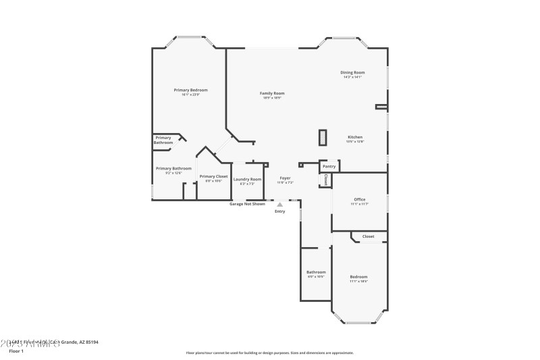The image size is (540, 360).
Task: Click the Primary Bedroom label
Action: pyautogui.click(x=190, y=90)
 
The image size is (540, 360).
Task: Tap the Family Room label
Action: pyautogui.click(x=272, y=93)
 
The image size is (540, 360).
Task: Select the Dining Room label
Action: pyautogui.click(x=352, y=72)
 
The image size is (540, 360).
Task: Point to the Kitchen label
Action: pyautogui.click(x=355, y=137)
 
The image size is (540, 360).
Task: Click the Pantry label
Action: pyautogui.click(x=329, y=166)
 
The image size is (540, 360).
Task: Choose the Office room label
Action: pyautogui.click(x=359, y=199)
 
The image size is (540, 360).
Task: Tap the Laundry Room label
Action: pyautogui.click(x=247, y=179)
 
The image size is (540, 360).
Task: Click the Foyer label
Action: pyautogui.click(x=286, y=178)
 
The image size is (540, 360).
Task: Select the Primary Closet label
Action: pyautogui.click(x=213, y=176)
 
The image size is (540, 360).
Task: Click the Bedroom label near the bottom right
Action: pyautogui.click(x=358, y=277)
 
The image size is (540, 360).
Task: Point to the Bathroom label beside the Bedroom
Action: pyautogui.click(x=316, y=272)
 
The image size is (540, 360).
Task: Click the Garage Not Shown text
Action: pyautogui.click(x=247, y=203)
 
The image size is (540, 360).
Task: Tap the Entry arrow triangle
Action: pyautogui.click(x=279, y=205)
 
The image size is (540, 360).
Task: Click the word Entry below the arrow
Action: pyautogui.click(x=279, y=211)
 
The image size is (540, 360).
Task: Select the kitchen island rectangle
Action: pyautogui.click(x=323, y=137)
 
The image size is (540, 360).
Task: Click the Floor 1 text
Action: pyautogui.click(x=16, y=351)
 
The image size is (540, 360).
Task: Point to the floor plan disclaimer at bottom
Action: pyautogui.click(x=269, y=353)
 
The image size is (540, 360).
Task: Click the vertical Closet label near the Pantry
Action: pyautogui.click(x=325, y=180)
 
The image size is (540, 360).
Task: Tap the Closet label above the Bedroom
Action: pyautogui.click(x=368, y=236)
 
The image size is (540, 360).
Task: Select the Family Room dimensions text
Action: pyautogui.click(x=272, y=98)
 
